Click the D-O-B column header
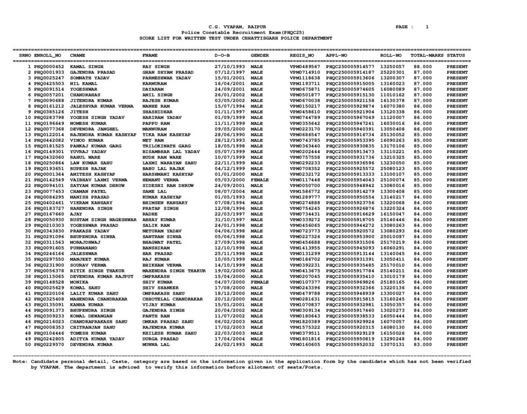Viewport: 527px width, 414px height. (222, 54)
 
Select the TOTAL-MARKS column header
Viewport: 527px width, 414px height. (427, 54)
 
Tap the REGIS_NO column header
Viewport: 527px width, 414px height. (302, 54)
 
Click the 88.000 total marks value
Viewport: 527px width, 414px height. (422, 67)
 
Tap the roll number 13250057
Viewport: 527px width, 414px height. (392, 67)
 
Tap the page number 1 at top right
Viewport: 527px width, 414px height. (427, 27)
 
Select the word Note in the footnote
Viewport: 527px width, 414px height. (21, 362)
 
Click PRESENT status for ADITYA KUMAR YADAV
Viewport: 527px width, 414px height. (457, 338)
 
